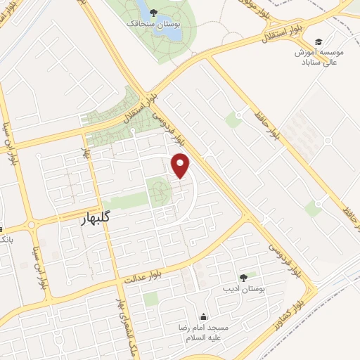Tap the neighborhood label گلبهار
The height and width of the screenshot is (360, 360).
tap(96, 219)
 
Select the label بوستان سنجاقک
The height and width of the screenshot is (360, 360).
tap(153, 25)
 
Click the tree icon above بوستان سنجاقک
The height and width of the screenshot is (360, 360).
tap(153, 13)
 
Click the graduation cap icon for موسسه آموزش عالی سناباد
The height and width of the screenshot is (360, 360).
tap(319, 41)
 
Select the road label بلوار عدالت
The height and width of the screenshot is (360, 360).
tap(145, 274)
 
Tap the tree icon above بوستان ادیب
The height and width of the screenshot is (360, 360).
tap(243, 278)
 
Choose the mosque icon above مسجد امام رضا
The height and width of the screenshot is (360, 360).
tap(204, 316)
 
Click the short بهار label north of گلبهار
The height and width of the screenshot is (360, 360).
tap(87, 151)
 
